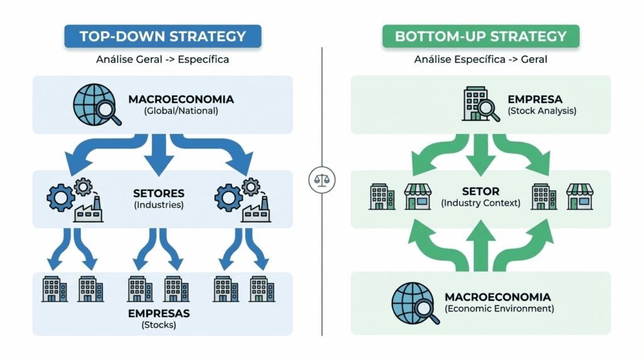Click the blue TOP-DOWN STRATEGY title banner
[162, 37]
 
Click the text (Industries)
[158, 205]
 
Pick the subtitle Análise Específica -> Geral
[480, 60]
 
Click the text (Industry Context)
[480, 203]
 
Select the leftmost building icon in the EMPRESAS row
[55, 289]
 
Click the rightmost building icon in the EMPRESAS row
[262, 289]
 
